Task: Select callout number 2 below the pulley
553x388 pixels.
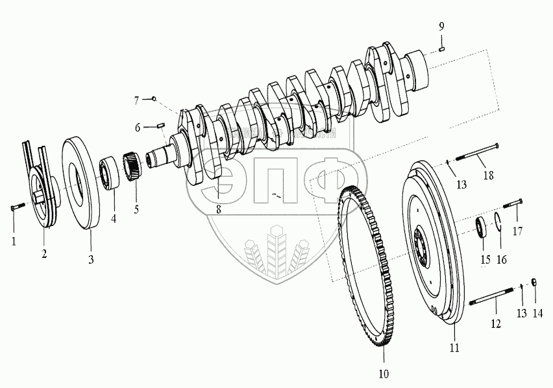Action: click(x=44, y=253)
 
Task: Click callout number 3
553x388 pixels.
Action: click(x=90, y=260)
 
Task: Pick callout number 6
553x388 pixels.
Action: click(x=138, y=128)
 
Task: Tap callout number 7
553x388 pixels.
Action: click(x=137, y=100)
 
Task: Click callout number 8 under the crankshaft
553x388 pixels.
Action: click(x=219, y=209)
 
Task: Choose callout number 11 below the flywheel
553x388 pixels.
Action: click(x=454, y=348)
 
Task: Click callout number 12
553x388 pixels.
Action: click(x=495, y=323)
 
